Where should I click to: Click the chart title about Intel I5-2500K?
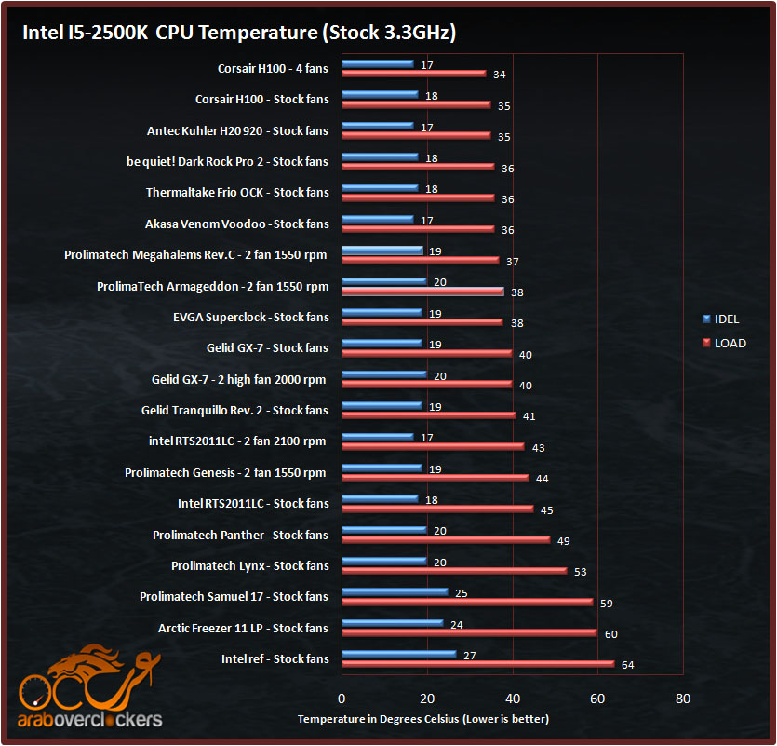(x=239, y=34)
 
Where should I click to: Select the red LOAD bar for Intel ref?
(x=478, y=664)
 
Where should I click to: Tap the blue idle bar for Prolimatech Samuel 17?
(x=395, y=591)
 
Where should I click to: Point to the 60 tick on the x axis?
(x=597, y=699)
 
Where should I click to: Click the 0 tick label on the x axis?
(x=342, y=699)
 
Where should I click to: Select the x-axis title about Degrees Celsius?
(x=423, y=719)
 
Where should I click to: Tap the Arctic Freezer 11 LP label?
(x=243, y=628)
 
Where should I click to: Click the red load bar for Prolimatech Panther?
(x=447, y=539)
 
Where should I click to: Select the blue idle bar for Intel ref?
(x=398, y=654)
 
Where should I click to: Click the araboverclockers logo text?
(x=90, y=719)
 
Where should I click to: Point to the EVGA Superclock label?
(x=250, y=317)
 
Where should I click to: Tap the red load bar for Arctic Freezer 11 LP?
(x=469, y=633)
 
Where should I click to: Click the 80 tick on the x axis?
(x=683, y=699)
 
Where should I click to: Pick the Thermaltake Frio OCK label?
(x=237, y=192)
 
